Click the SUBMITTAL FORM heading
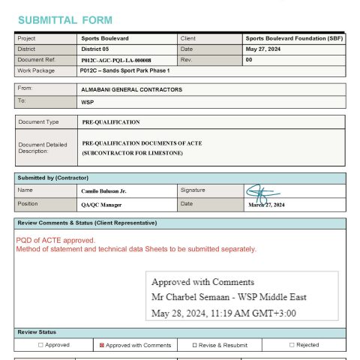point(65,19)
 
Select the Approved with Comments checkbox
point(102,345)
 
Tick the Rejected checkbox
point(292,345)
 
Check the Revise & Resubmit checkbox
point(195,345)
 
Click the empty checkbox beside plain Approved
point(40,345)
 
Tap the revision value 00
point(249,60)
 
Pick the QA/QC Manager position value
point(101,204)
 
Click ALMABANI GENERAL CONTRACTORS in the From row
point(131,89)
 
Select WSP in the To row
point(87,100)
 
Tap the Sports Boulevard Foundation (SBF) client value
point(293,38)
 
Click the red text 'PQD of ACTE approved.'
point(55,240)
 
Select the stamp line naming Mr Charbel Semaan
point(229,297)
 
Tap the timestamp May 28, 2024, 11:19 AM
point(223,313)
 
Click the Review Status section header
point(37,332)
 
